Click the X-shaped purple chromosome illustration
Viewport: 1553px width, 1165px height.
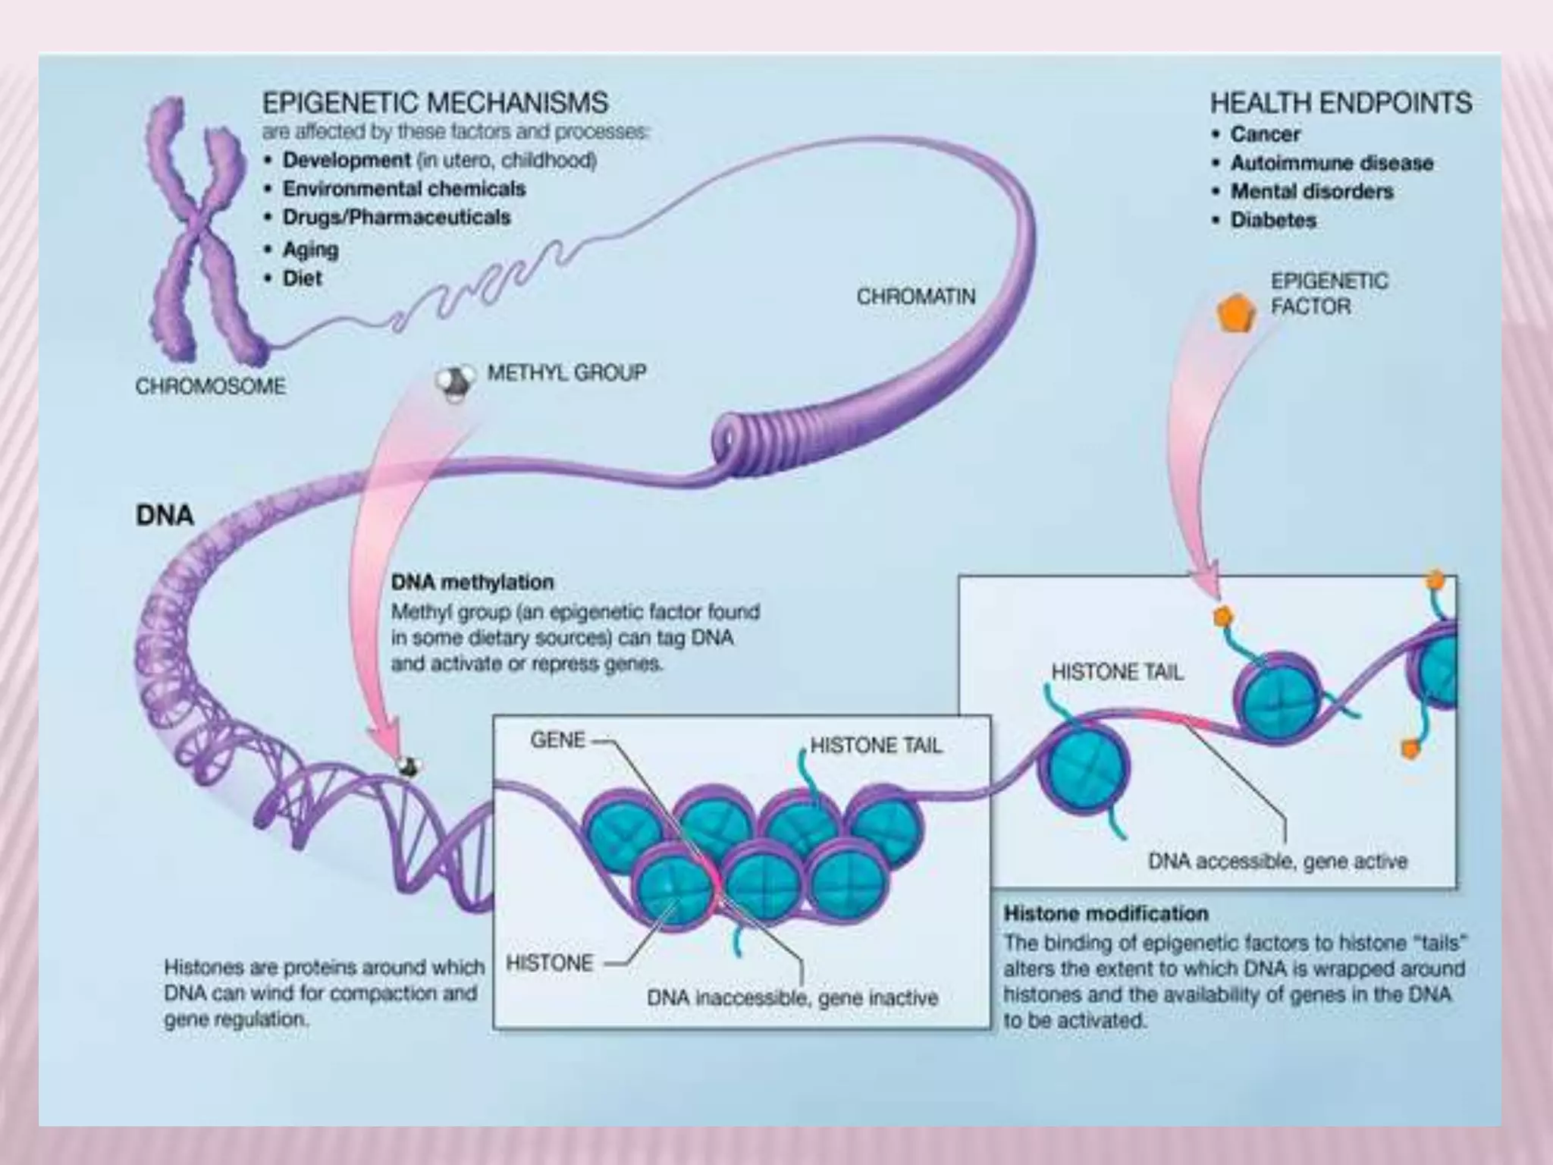coord(201,228)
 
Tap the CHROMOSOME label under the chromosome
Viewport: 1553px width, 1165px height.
coord(211,386)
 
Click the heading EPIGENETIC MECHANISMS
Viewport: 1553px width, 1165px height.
coord(435,102)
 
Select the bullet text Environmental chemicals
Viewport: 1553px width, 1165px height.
coord(403,188)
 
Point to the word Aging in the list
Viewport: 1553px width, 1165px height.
coord(310,249)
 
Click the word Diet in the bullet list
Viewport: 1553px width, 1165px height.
coord(302,278)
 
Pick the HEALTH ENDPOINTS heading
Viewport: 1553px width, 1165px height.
coord(1340,102)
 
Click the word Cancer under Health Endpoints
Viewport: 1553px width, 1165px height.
coord(1265,134)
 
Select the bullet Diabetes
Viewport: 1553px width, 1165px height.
coord(1273,220)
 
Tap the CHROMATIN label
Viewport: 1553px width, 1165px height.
coord(915,296)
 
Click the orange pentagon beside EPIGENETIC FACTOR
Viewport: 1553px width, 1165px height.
coord(1235,312)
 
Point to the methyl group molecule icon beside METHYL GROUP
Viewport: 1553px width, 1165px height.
coord(456,382)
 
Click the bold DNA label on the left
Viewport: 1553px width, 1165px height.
coord(165,516)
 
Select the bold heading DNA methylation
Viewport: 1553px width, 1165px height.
coord(472,582)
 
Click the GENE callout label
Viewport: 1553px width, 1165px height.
coord(557,740)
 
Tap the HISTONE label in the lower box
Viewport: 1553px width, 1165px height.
coord(549,962)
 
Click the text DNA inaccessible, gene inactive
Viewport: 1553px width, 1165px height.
coord(792,997)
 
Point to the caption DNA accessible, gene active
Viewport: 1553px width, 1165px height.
coord(1277,861)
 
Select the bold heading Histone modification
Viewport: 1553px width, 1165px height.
coord(1106,913)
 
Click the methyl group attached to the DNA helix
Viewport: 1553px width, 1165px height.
coord(408,767)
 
